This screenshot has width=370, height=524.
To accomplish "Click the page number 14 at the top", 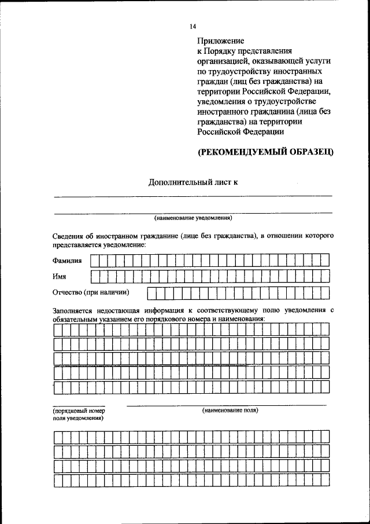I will [x=193, y=27].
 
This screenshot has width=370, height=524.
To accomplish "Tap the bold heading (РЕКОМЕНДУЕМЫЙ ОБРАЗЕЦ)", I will [x=265, y=152].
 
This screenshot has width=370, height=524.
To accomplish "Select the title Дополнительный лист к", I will [x=193, y=182].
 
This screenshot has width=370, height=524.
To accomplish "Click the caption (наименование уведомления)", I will [x=193, y=218].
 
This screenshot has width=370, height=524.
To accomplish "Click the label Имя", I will [x=59, y=276].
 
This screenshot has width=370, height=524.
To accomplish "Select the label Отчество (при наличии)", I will [x=91, y=292].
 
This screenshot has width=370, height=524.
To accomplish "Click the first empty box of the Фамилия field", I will [x=95, y=261].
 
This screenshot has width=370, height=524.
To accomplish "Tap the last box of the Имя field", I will [x=325, y=276].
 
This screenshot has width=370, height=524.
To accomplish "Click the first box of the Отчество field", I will [x=151, y=293].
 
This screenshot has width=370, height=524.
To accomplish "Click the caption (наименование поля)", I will [x=230, y=410].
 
